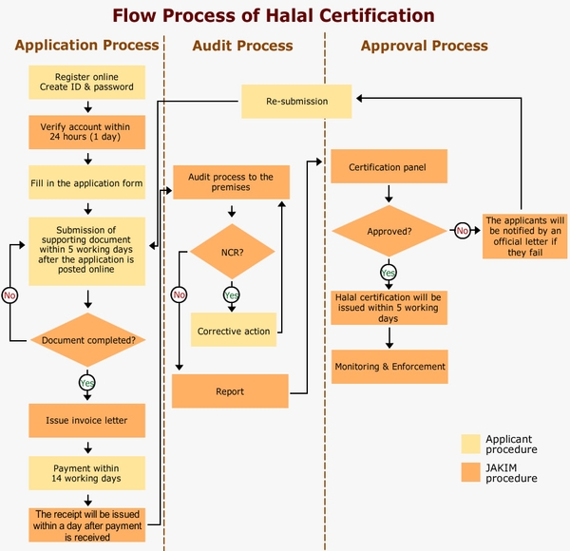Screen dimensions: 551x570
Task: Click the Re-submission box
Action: tap(296, 102)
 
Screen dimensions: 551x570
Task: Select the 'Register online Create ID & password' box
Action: tap(86, 82)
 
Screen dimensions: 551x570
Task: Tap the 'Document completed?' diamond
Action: tap(87, 340)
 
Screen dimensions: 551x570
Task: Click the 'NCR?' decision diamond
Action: tap(232, 251)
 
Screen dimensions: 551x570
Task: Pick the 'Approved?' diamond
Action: tap(389, 230)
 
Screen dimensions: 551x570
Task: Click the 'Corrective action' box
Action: tap(233, 331)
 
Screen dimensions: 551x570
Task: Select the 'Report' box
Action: tap(229, 390)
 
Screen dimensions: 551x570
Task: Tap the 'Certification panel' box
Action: tap(388, 167)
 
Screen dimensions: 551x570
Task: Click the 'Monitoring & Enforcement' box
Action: tap(389, 366)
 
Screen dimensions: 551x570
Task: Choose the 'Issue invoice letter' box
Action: tap(86, 419)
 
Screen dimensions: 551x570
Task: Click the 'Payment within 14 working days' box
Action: tap(86, 471)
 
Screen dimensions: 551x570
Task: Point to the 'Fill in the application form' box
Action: tap(86, 182)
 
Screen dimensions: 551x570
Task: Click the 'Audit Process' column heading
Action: tap(242, 46)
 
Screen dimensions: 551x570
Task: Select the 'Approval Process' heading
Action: tap(425, 46)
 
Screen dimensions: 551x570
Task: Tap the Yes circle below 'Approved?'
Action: tap(389, 273)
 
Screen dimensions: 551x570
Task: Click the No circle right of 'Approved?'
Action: tap(463, 230)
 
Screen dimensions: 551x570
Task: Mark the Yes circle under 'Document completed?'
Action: tap(87, 383)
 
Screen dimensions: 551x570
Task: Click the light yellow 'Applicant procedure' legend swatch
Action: tap(470, 444)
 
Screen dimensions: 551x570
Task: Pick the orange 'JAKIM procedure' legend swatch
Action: tap(470, 472)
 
